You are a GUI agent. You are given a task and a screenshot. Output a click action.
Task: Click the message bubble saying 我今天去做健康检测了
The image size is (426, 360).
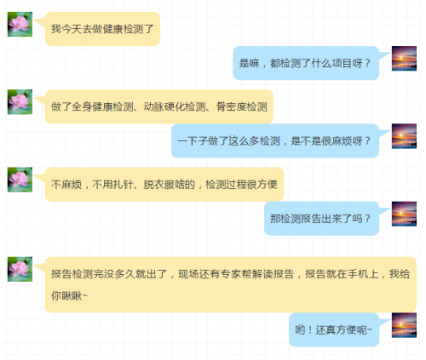102,29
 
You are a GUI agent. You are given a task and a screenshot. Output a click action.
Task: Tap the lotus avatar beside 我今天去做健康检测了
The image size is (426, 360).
20,24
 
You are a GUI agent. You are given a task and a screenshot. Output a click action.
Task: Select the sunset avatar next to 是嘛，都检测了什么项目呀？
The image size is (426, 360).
404,59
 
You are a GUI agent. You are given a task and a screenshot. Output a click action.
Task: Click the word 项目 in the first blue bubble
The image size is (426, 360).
342,63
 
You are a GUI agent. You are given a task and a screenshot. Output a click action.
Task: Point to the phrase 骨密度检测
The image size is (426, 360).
242,106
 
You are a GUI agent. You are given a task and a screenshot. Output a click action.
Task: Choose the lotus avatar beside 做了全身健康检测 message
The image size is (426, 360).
20,102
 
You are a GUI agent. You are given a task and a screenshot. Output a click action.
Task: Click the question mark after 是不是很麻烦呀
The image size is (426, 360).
367,140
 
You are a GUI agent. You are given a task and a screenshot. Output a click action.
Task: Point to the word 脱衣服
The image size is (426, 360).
159,185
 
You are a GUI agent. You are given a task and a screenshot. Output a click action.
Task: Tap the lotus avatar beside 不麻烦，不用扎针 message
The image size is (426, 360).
20,180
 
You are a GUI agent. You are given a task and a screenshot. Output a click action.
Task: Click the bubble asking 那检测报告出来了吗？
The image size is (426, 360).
321,219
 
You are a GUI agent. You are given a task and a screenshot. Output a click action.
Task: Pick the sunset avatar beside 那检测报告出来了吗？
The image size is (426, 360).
404,214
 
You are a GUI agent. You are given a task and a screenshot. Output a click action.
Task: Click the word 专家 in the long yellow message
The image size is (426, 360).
230,274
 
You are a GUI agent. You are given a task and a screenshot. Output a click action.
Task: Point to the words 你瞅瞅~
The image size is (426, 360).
69,295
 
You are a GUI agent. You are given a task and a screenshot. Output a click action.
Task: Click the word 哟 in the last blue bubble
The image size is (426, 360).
300,329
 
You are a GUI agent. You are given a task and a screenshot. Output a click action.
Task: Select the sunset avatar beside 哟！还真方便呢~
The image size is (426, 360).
404,325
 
